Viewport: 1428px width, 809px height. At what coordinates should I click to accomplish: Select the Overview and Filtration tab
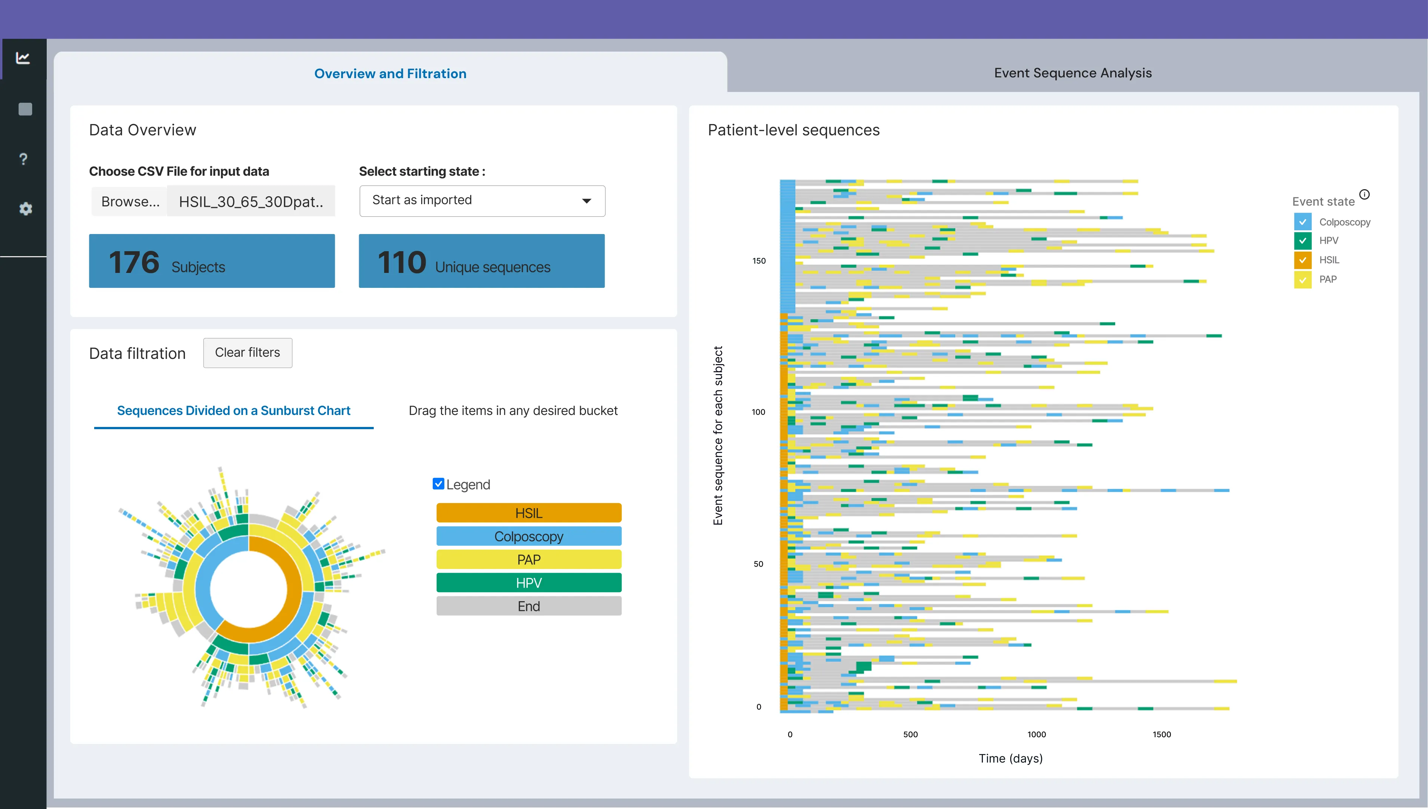390,73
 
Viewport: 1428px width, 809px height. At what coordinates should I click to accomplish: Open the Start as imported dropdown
482,201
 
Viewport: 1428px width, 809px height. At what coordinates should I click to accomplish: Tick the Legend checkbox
438,484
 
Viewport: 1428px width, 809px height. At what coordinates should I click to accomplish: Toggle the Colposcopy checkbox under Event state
1302,222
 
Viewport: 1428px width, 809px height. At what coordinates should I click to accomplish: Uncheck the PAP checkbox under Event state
1302,280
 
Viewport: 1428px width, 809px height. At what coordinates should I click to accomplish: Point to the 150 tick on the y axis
759,261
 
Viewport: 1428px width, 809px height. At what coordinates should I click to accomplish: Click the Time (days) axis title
1010,759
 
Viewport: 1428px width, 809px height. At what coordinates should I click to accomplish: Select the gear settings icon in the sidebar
25,209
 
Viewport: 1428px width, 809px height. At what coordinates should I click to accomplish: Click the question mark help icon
23,160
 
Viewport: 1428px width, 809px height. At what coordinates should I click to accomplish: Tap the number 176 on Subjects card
134,262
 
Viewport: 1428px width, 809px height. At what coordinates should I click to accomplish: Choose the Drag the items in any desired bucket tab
513,410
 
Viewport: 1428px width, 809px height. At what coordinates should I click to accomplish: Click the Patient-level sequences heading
793,130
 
